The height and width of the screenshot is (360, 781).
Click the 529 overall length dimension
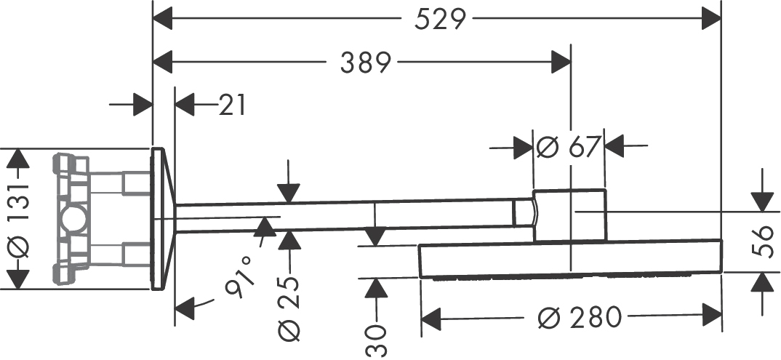click(440, 20)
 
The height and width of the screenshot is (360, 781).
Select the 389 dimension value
click(366, 63)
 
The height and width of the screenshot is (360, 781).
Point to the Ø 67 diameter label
click(568, 146)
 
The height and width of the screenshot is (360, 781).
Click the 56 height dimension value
click(763, 242)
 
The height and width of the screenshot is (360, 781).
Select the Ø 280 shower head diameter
click(580, 317)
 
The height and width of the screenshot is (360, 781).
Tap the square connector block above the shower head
click(569, 215)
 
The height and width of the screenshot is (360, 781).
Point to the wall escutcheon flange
click(162, 219)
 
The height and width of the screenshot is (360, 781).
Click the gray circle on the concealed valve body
click(73, 219)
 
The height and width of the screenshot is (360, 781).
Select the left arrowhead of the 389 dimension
click(162, 63)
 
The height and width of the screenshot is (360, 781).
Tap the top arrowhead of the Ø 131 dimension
click(18, 159)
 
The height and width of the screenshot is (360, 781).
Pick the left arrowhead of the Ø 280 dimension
click(431, 317)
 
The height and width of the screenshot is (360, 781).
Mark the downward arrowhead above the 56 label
click(763, 201)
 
